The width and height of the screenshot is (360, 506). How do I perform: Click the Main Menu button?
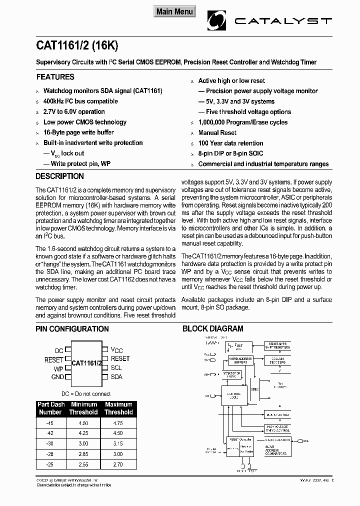click(174, 11)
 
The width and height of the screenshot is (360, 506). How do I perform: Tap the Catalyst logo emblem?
click(217, 21)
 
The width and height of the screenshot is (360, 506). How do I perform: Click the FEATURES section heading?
click(55, 77)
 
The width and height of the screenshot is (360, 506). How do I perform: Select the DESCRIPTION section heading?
click(59, 176)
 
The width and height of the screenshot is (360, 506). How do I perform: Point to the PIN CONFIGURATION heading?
click(72, 329)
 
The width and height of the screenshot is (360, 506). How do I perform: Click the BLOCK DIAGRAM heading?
click(212, 329)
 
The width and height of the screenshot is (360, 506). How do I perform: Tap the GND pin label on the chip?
click(57, 377)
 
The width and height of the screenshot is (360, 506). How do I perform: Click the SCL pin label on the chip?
click(116, 367)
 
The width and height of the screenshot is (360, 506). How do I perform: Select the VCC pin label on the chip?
click(116, 350)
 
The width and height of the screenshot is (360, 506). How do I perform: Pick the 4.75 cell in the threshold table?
click(118, 423)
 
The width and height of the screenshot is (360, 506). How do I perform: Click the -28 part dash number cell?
click(50, 453)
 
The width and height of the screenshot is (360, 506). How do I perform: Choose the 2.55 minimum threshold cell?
click(83, 464)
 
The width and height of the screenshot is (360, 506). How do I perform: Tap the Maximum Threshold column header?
click(118, 408)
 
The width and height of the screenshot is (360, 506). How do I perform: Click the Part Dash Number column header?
click(50, 408)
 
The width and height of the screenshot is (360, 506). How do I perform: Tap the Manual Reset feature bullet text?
click(217, 132)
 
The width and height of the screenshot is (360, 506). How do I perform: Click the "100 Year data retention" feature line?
click(230, 143)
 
